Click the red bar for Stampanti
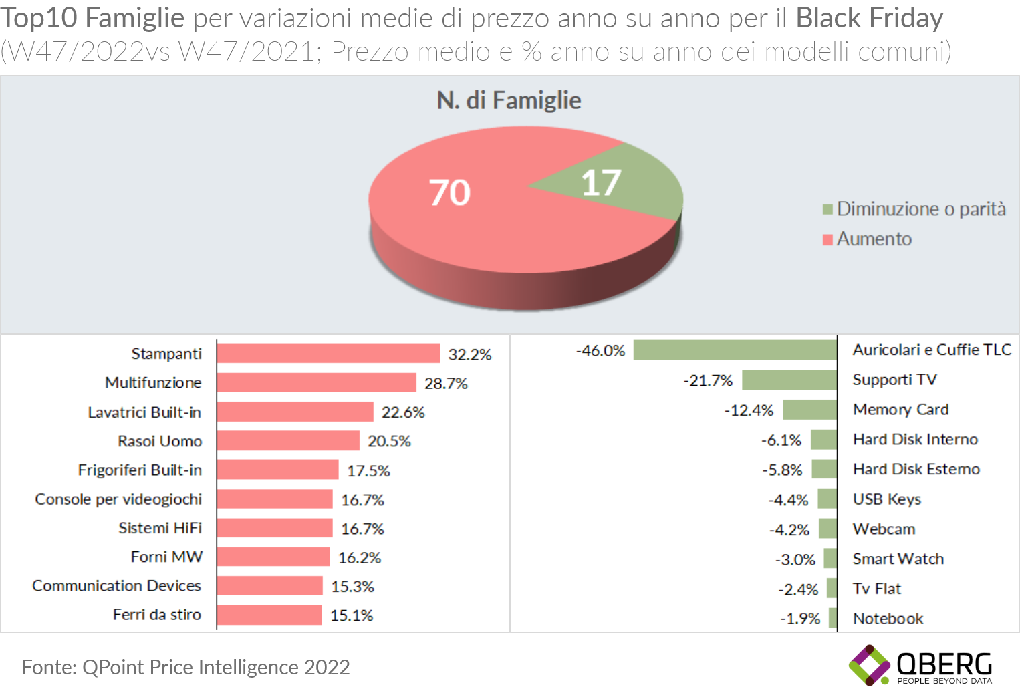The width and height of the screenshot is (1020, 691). pyautogui.click(x=328, y=354)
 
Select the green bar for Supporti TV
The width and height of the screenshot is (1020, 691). pyautogui.click(x=789, y=380)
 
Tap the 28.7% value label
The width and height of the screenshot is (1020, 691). pyautogui.click(x=446, y=384)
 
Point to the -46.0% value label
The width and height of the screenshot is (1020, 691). pyautogui.click(x=600, y=351)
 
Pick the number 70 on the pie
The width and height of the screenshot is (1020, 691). pyautogui.click(x=450, y=193)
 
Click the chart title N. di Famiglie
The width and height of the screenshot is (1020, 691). pyautogui.click(x=509, y=100)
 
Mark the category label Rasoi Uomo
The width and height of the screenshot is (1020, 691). pyautogui.click(x=160, y=441)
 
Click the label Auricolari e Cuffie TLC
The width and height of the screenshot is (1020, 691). pyautogui.click(x=932, y=350)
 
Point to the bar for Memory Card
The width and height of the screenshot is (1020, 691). pyautogui.click(x=809, y=410)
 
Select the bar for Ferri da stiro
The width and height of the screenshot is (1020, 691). pyautogui.click(x=269, y=615)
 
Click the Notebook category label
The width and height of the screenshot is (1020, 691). pyautogui.click(x=888, y=619)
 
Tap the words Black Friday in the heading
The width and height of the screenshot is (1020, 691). pyautogui.click(x=869, y=18)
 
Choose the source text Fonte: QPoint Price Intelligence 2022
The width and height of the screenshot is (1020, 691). pyautogui.click(x=186, y=667)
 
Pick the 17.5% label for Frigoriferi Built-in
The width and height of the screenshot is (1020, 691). pyautogui.click(x=368, y=471)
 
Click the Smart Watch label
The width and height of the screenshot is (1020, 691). pyautogui.click(x=898, y=559)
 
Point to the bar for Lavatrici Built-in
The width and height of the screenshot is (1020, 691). pyautogui.click(x=295, y=412)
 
